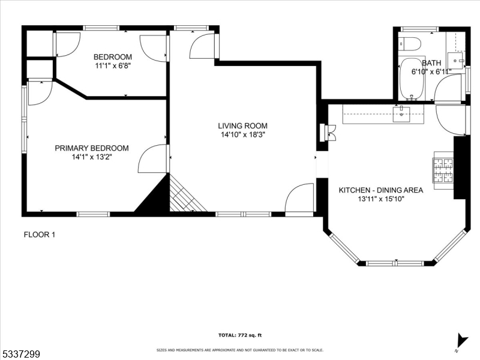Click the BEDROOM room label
click(112, 57)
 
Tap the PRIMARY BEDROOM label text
click(92, 148)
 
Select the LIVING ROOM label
click(242, 126)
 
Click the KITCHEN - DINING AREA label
click(381, 190)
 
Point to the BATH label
click(431, 63)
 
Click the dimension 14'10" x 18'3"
click(242, 135)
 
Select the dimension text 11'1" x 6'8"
click(112, 66)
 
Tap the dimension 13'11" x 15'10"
click(381, 199)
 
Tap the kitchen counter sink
click(401, 113)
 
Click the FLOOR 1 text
click(39, 235)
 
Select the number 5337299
click(20, 355)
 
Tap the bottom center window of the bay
click(395, 263)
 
